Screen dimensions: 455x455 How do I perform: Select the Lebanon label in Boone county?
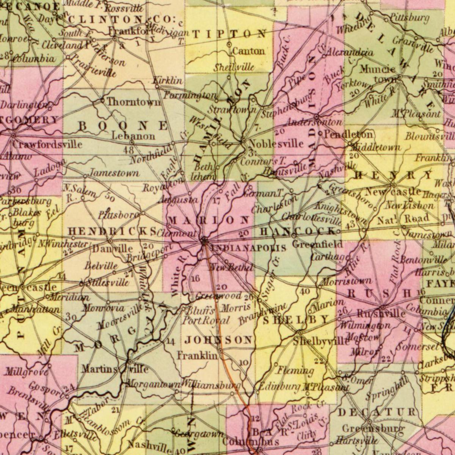pos(133,135)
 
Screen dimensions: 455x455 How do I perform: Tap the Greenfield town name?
pos(317,244)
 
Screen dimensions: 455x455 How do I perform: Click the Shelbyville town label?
pos(321,341)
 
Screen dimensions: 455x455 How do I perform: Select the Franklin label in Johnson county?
pos(197,356)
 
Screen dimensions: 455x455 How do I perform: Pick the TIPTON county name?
pos(229,34)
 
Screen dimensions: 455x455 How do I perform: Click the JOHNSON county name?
pos(218,340)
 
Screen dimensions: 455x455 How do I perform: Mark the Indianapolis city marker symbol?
pos(204,240)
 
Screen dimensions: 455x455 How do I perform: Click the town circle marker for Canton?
pos(229,44)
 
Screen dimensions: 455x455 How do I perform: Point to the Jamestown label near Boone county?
pos(114,173)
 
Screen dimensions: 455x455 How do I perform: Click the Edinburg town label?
pos(279,387)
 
